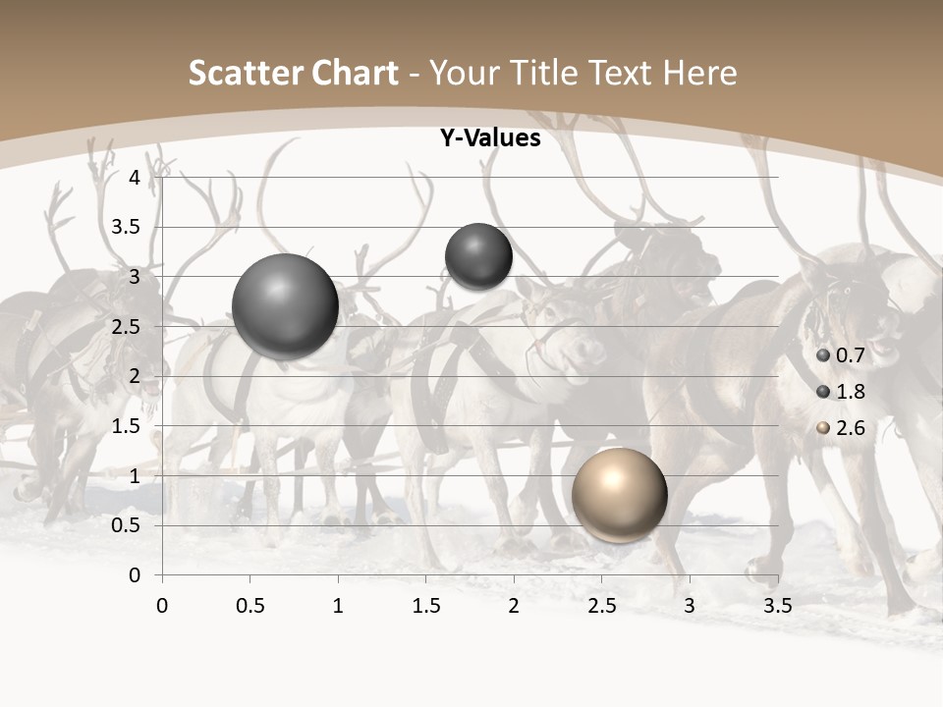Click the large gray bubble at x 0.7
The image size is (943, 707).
coord(286,306)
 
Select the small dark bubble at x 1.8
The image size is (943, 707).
coord(478,256)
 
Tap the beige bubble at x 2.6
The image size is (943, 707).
coord(619,495)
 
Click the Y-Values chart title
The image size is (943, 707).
coord(490,138)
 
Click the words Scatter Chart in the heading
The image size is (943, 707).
coord(294,73)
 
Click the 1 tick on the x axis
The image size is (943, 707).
coord(338,606)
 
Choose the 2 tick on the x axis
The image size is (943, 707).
coord(514,606)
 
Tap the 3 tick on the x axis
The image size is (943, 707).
coord(690,606)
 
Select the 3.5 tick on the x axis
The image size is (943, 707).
coord(777,606)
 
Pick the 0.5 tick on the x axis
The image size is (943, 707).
coord(250,606)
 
